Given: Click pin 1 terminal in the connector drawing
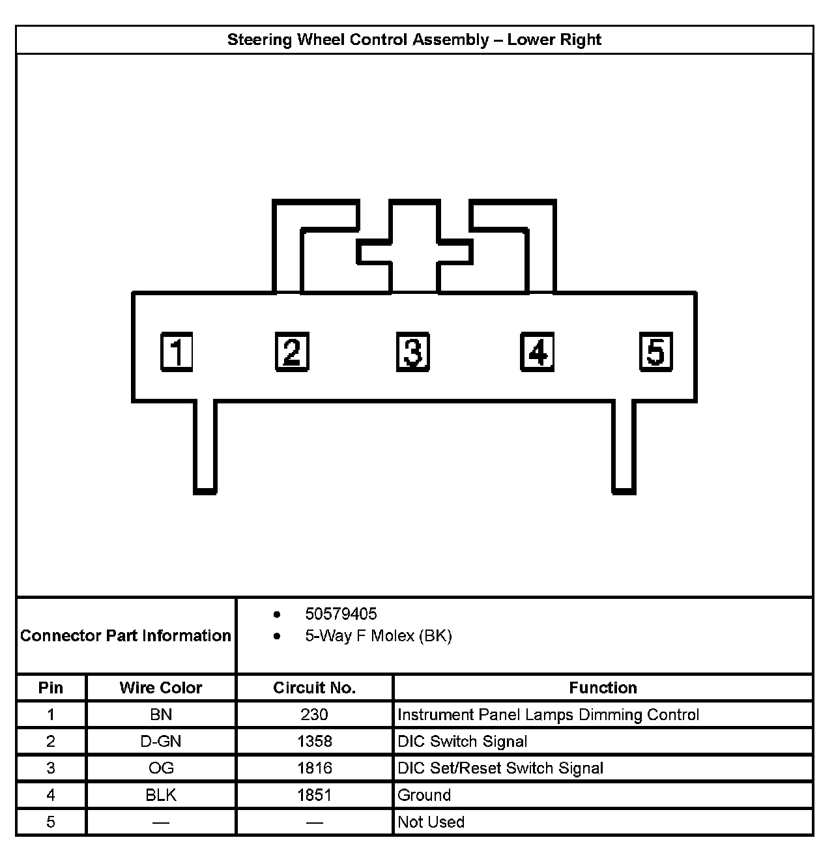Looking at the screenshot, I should (177, 353).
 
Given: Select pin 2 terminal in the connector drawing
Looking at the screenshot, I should (292, 353).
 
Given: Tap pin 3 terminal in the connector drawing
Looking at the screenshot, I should (413, 353).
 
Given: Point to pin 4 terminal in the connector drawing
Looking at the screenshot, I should (537, 353).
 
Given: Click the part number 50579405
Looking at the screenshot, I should (341, 614).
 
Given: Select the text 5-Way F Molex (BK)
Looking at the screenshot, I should (378, 636).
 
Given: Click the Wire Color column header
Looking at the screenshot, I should (161, 688).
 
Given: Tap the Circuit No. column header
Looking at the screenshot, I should (314, 688).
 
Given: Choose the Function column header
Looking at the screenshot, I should (603, 688).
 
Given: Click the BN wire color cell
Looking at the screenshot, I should (161, 715).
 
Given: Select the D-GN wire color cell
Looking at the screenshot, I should (161, 742).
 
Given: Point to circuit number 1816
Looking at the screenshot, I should (315, 768).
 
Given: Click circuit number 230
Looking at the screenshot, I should (314, 715).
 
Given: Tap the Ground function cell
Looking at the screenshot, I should (424, 795).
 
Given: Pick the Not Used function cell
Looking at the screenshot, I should (431, 822).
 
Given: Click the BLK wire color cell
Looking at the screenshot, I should (161, 795).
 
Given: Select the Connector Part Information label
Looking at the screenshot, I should (126, 635).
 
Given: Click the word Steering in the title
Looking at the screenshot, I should (259, 40).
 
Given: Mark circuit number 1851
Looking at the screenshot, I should (315, 795).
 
